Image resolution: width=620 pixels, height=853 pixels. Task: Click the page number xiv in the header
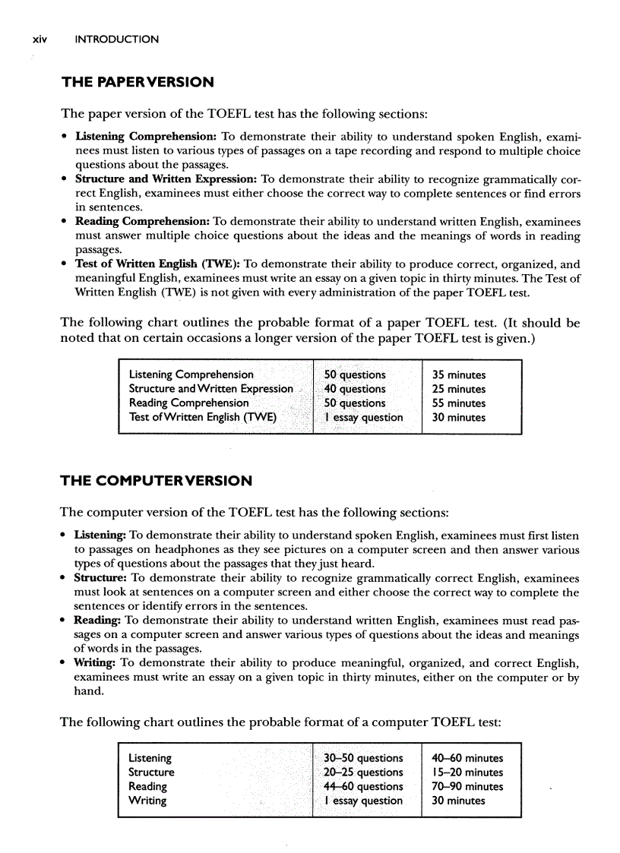pos(39,39)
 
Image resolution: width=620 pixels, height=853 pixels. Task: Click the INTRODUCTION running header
pos(117,39)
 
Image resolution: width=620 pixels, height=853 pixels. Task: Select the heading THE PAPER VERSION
pos(138,82)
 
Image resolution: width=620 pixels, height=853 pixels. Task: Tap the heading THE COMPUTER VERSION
pos(156,481)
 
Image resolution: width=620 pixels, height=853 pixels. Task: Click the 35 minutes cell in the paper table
pos(458,374)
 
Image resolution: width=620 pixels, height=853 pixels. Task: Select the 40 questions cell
pos(354,389)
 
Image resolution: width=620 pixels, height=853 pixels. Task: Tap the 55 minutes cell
pos(458,403)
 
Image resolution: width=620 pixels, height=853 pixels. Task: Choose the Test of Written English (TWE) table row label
pos(203,417)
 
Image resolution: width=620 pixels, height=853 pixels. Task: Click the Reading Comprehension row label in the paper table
pos(188,403)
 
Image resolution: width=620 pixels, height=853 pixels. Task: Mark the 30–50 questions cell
pos(362,758)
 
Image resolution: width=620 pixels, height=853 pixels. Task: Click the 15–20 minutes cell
pos(467,772)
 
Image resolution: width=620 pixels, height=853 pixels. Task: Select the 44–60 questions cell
pos(362,786)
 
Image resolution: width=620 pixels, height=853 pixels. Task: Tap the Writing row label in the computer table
pos(147,801)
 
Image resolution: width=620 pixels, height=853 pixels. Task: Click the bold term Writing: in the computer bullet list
pos(96,663)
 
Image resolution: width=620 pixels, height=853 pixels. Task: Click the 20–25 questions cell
pos(362,772)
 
